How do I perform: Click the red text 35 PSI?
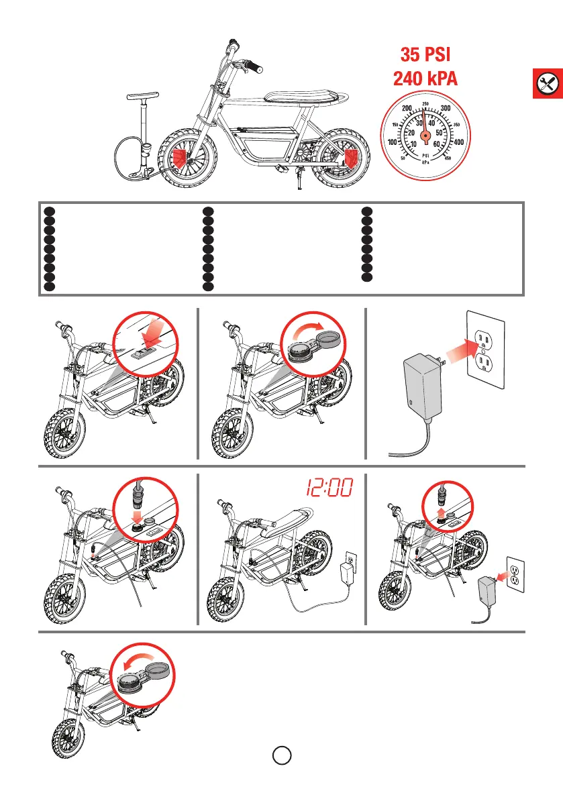[x=425, y=54]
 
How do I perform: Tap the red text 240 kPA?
[x=425, y=79]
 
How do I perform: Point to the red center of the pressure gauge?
[x=425, y=136]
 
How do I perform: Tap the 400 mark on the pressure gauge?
[x=458, y=142]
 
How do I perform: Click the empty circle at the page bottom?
[x=281, y=755]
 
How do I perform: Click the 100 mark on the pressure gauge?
[x=393, y=142]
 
